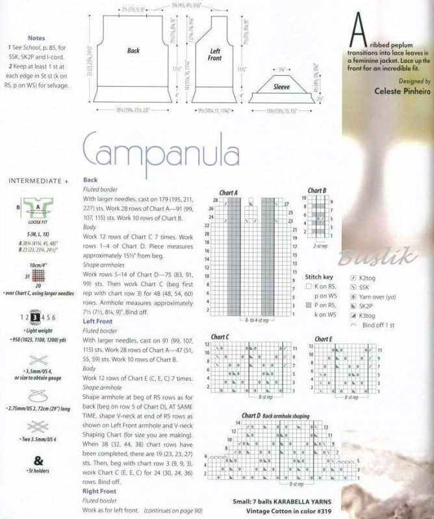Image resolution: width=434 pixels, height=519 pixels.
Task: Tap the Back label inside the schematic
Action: (133, 50)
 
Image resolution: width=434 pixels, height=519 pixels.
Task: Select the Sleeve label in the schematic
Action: (281, 87)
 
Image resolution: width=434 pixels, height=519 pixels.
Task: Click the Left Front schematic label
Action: (216, 54)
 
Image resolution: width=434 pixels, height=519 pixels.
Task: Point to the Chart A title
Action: (228, 193)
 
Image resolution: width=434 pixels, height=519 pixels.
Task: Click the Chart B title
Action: (317, 191)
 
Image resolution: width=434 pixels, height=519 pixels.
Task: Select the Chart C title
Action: (219, 337)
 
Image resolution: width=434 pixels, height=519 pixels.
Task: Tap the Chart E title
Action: (323, 339)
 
